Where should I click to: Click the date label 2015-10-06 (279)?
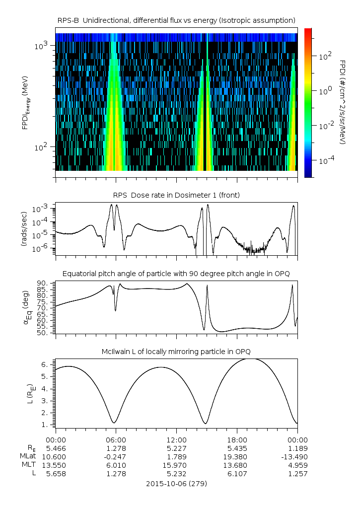[176, 483]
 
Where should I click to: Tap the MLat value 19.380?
[237, 456]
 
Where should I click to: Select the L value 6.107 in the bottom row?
[237, 473]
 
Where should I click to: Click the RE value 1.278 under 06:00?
[116, 448]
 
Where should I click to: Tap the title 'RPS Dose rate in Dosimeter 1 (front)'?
[176, 195]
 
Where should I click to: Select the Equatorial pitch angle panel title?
[176, 274]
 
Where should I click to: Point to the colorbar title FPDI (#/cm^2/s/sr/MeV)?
[343, 102]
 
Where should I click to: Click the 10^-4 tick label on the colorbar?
[325, 160]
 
